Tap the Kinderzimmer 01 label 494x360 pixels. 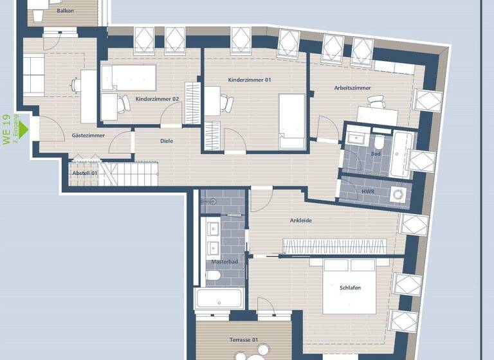[250, 80]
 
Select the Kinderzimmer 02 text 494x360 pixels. [157, 99]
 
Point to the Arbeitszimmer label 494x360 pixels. [352, 88]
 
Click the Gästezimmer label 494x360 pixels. [88, 136]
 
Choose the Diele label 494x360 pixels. [167, 141]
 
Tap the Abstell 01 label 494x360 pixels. [85, 173]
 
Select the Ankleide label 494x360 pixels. [301, 221]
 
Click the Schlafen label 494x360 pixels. [350, 288]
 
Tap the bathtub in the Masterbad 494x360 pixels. [219, 298]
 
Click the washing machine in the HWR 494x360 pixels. [399, 194]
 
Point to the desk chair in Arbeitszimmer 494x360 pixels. [375, 102]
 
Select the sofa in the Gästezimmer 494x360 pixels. [33, 75]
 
